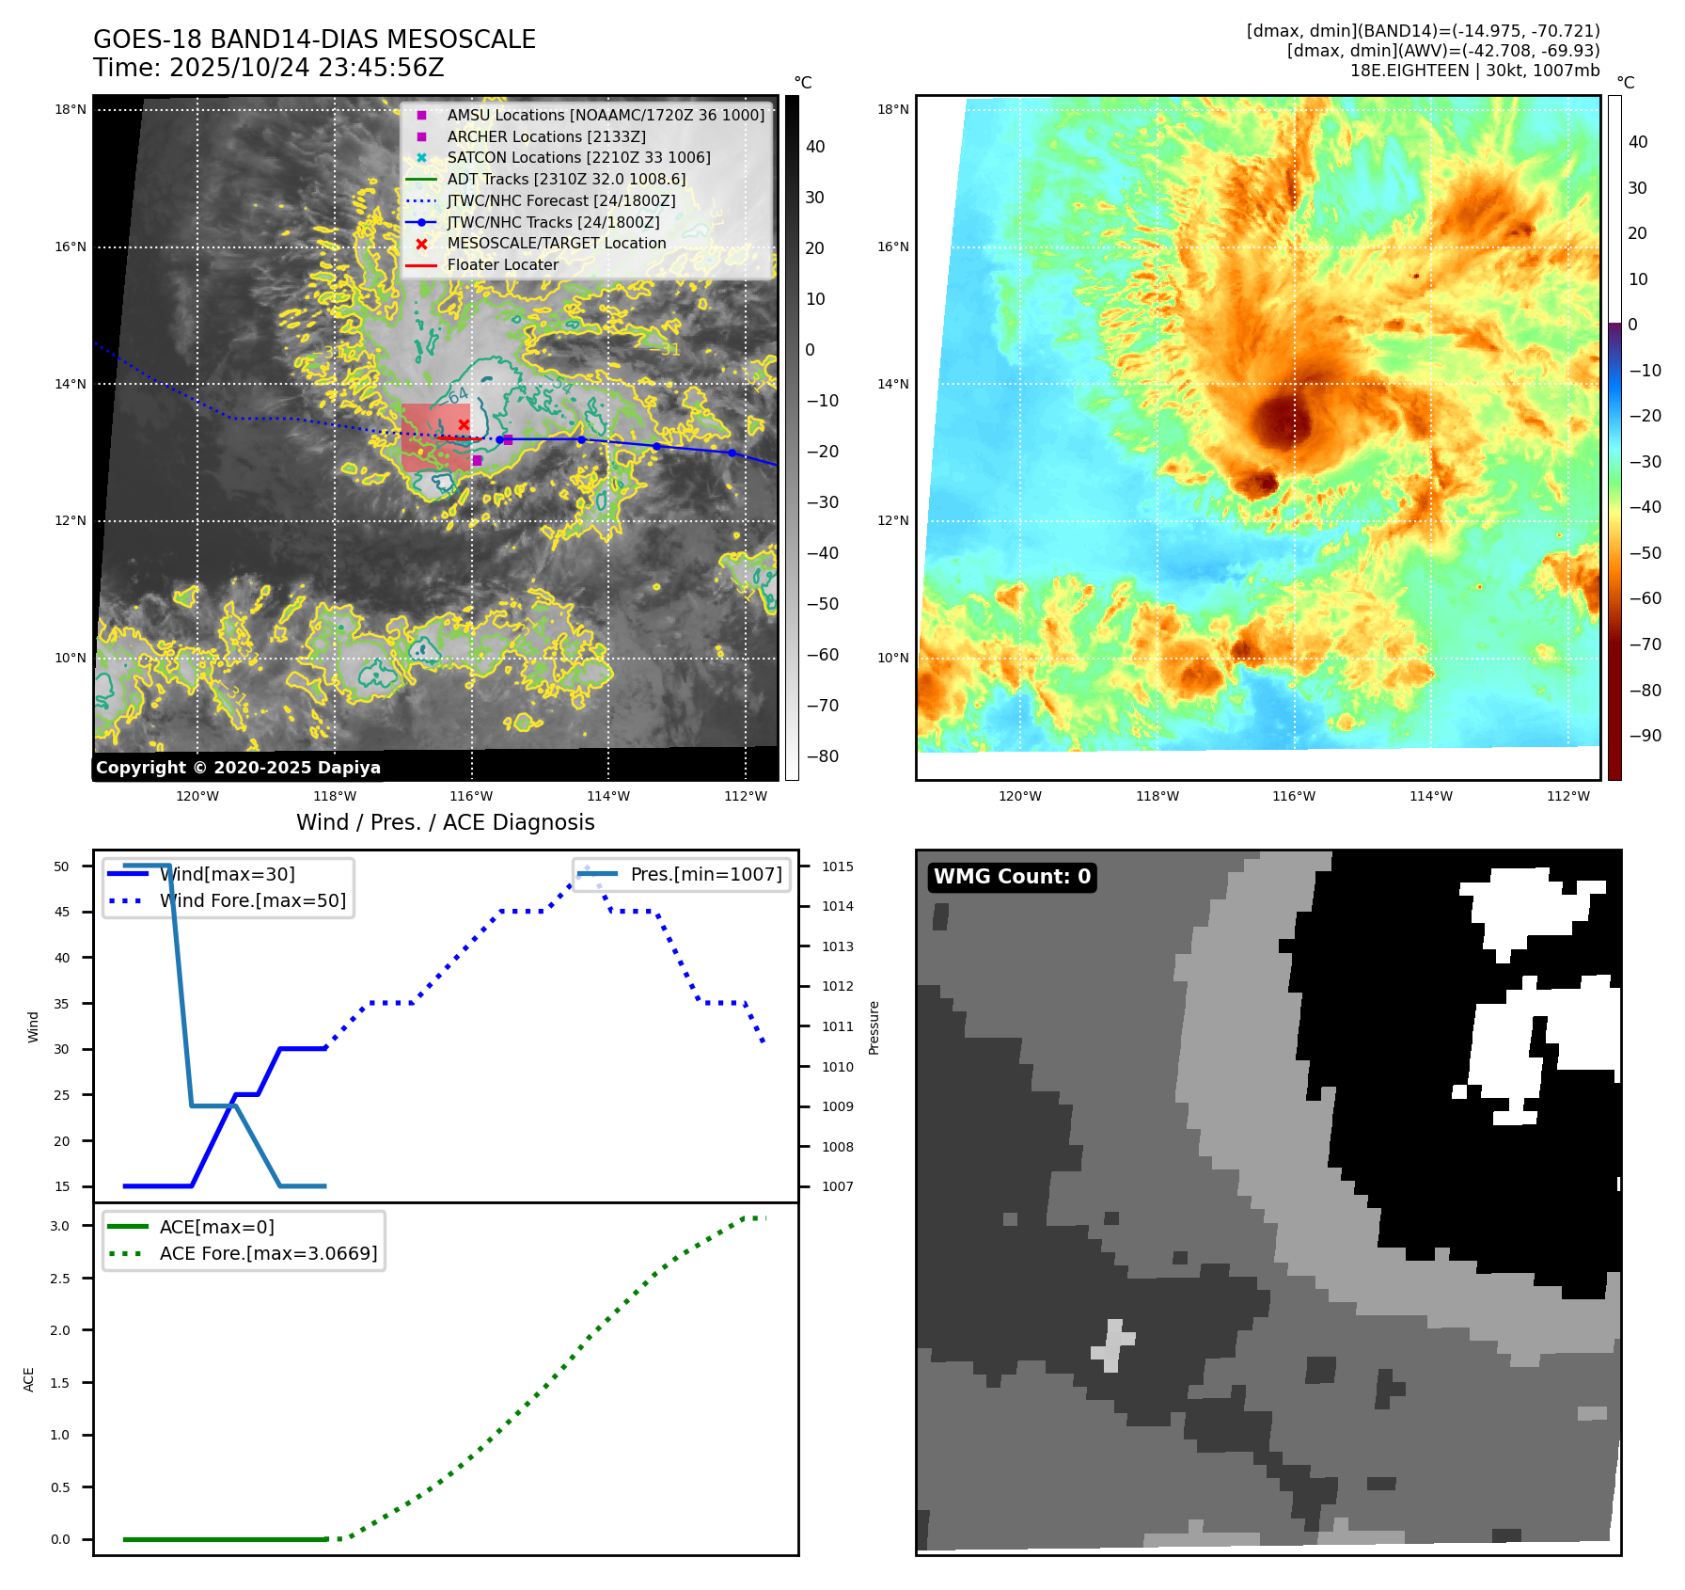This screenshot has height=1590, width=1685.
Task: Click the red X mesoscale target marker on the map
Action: click(464, 425)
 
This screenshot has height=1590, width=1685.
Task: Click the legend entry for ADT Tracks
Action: click(566, 179)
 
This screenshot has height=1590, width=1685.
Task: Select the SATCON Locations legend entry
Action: click(578, 157)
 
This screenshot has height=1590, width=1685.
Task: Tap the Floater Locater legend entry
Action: click(502, 264)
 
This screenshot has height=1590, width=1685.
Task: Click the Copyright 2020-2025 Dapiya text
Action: click(238, 768)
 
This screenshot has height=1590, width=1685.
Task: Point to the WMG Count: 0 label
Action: click(1012, 877)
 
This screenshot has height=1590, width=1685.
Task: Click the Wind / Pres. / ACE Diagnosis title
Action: click(445, 822)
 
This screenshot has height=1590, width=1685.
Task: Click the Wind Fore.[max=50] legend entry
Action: click(252, 900)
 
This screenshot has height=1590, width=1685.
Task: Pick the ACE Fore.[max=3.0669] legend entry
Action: click(268, 1253)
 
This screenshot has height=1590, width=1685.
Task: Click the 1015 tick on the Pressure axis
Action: click(838, 867)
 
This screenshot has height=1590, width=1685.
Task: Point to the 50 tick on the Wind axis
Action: click(62, 867)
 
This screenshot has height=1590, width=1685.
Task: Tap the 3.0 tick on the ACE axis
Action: click(60, 1226)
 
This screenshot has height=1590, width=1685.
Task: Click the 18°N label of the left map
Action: click(71, 109)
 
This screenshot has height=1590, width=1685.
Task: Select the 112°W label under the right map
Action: click(1567, 796)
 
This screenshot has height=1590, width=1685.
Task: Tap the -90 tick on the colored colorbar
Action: click(1645, 736)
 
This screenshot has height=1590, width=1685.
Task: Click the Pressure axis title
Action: click(874, 1027)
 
